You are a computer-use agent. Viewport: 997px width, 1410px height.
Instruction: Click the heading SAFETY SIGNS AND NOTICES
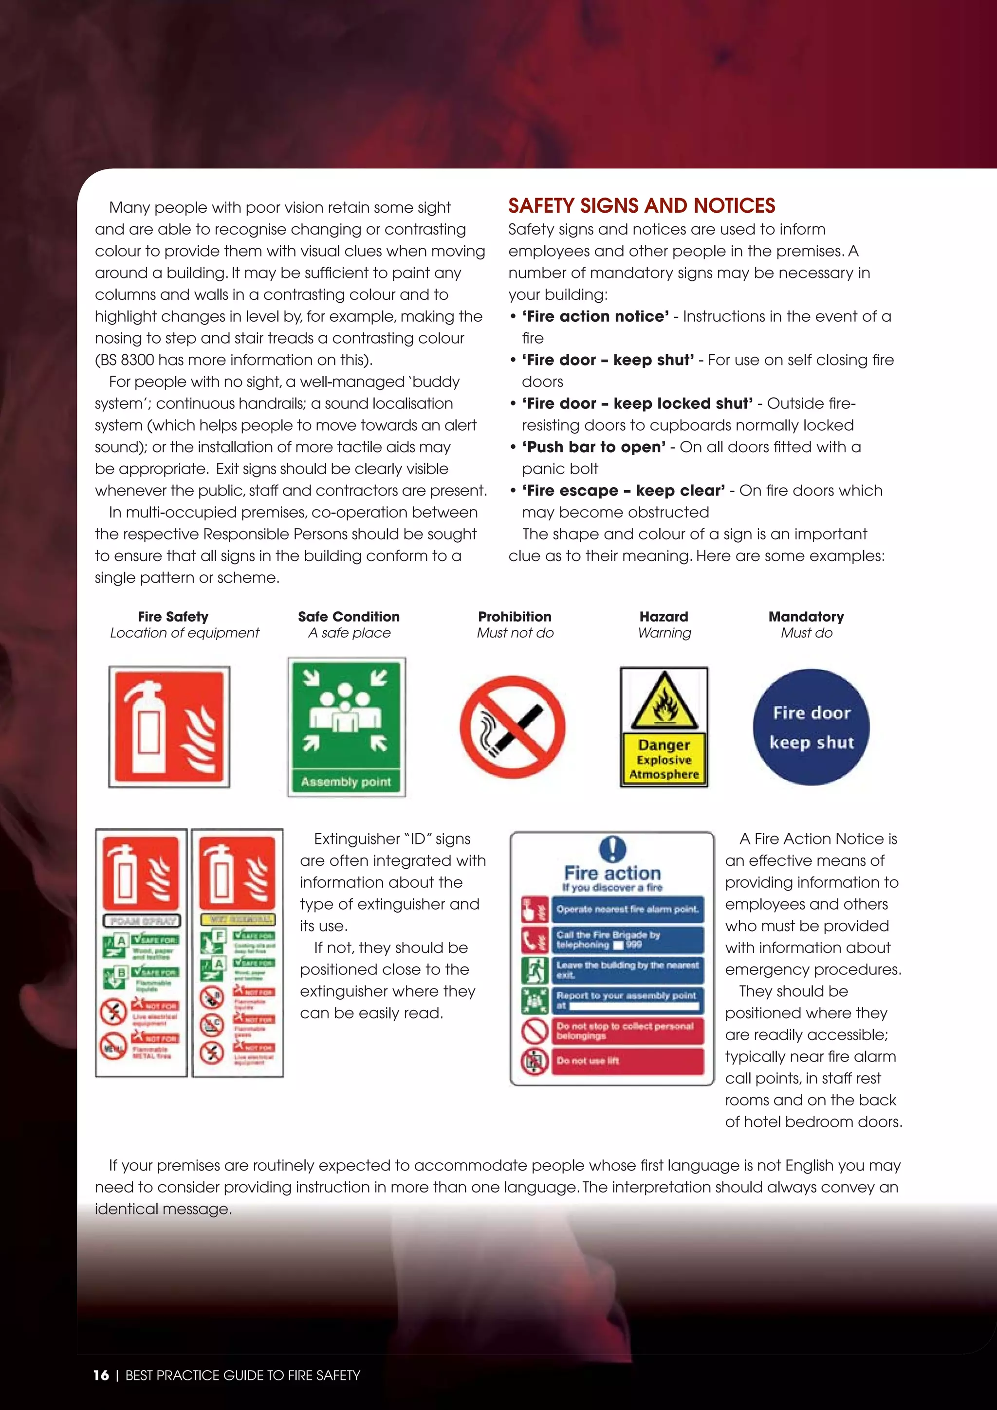coord(641,205)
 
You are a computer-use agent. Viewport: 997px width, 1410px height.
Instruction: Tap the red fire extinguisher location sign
coord(169,727)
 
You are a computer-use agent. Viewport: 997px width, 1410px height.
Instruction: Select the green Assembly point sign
coord(347,727)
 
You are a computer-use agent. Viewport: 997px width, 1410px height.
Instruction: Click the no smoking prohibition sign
coord(512,727)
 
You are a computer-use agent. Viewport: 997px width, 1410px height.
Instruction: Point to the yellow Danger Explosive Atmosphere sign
coord(664,727)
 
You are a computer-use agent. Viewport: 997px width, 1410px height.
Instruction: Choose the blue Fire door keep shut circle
coord(811,727)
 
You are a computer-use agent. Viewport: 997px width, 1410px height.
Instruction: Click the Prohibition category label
coord(515,617)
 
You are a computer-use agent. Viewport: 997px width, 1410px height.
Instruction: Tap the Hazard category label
coord(664,617)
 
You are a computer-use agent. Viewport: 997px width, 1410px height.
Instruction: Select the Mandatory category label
coord(806,617)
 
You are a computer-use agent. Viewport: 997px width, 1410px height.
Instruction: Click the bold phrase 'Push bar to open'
coord(594,447)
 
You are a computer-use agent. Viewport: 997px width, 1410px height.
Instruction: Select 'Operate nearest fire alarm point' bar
coord(627,909)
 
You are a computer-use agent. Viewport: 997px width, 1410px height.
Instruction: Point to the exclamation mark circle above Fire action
coord(612,849)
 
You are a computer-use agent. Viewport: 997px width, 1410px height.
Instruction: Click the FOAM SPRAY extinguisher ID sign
coord(141,952)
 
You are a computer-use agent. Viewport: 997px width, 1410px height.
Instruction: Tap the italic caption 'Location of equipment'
coord(185,633)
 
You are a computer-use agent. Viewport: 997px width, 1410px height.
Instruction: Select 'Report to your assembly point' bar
coord(627,1000)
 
